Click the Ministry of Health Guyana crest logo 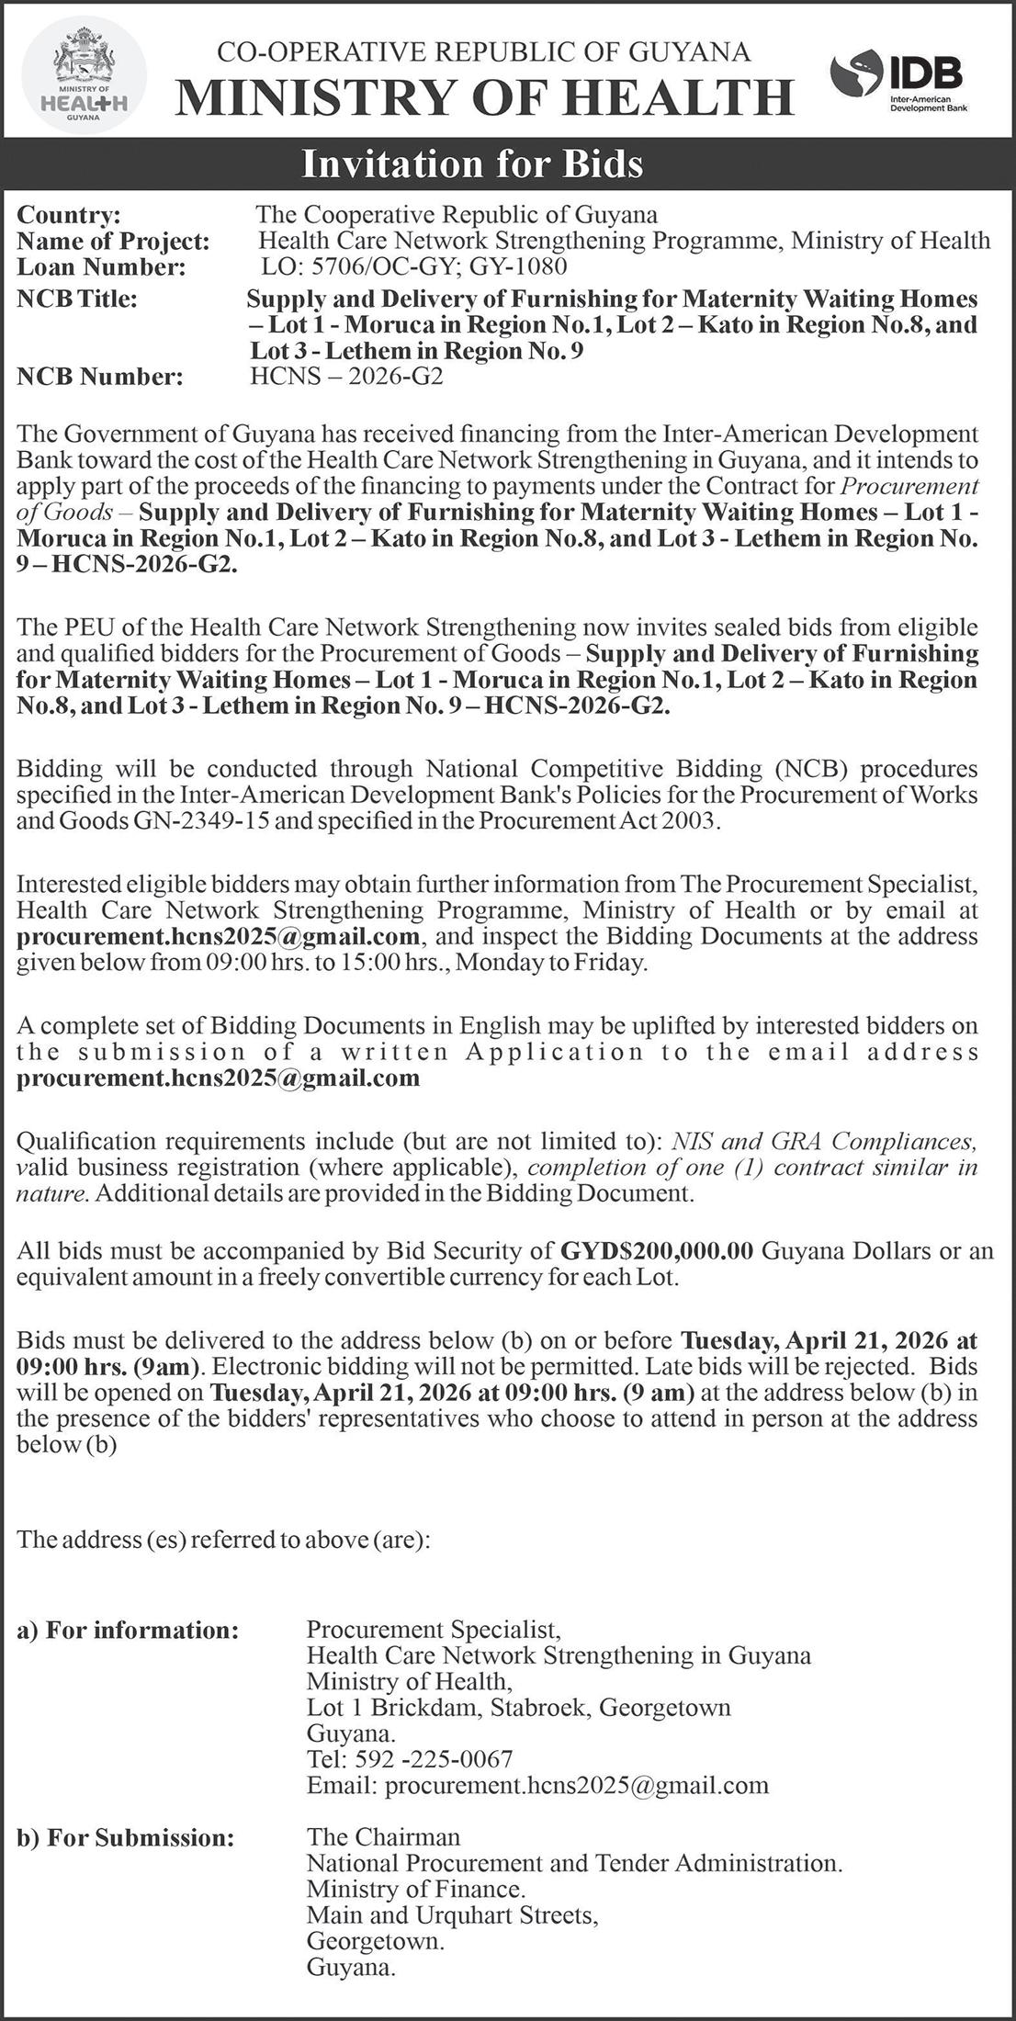(84, 75)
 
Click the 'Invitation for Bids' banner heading (473, 164)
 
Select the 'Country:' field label (69, 215)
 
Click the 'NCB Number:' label (100, 377)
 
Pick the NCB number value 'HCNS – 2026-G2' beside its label (346, 377)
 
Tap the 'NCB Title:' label (77, 299)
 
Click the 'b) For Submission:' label (126, 1812)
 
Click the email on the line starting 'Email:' (576, 1785)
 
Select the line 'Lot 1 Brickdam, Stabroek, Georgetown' (518, 1707)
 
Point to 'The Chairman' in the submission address (383, 1811)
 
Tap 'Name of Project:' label (113, 242)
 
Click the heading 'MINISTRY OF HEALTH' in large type (484, 97)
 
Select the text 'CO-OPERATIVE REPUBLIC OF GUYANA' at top (483, 52)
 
